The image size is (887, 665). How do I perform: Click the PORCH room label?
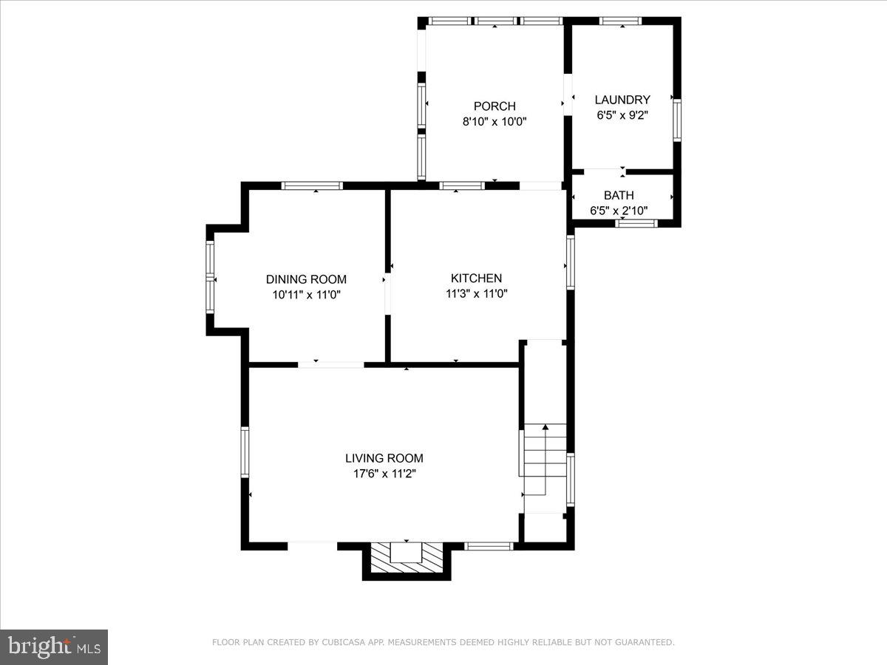495,106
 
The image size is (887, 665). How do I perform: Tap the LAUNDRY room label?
622,100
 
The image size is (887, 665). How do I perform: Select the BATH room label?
619,196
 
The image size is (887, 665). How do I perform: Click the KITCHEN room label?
476,279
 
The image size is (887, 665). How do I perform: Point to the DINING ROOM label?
306,279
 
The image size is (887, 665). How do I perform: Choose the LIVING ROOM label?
384,458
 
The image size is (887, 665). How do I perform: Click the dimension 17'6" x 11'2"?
384,474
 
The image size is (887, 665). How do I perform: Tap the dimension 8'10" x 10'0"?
495,122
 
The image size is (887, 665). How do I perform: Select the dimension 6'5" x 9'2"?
622,115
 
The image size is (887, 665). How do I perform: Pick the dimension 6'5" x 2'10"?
619,211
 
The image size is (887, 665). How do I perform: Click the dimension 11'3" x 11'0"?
476,293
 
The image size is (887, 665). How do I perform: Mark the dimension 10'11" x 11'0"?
306,294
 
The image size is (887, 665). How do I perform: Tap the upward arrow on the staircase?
546,428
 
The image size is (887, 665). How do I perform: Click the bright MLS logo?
54,647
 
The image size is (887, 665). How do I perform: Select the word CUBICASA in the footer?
341,643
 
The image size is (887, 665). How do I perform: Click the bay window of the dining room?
210,279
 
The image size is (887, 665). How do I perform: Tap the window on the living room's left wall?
245,451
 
